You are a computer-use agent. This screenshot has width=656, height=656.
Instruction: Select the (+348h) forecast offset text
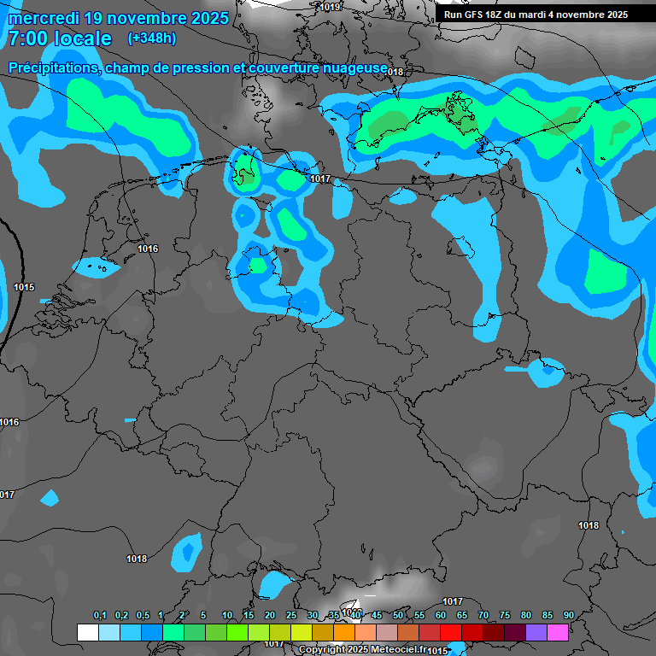click(152, 38)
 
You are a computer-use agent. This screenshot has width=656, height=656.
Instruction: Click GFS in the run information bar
click(475, 15)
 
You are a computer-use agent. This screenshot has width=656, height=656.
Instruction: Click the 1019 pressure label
click(330, 7)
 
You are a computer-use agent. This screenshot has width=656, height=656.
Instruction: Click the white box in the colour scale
click(87, 632)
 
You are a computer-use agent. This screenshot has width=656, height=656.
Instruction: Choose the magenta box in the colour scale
click(558, 632)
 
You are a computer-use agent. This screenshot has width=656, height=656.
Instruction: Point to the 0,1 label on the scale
click(100, 616)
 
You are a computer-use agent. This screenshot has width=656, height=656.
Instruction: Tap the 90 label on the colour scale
click(569, 616)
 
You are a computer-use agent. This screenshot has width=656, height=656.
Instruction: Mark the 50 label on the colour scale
click(398, 616)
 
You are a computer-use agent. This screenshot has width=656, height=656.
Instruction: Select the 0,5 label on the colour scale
click(142, 616)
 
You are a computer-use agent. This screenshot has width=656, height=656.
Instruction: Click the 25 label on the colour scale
click(291, 616)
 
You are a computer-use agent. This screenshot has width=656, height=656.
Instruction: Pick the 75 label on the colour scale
click(505, 616)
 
